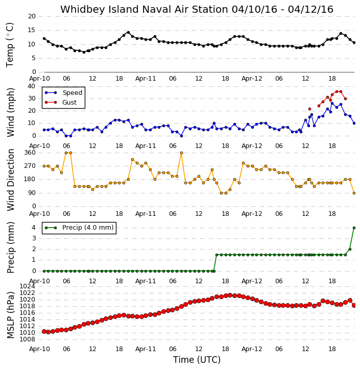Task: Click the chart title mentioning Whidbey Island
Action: tap(197, 9)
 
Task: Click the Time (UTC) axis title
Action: tap(197, 360)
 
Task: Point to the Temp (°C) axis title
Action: tap(10, 45)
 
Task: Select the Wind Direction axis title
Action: tap(10, 180)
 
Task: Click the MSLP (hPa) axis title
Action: tap(10, 315)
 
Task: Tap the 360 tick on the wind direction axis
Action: tap(30, 153)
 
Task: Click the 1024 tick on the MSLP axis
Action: tap(27, 286)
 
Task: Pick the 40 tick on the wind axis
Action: tap(32, 86)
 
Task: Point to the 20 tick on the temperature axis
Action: tap(32, 16)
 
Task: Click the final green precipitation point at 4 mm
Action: tap(354, 228)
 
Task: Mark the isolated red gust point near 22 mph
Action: tap(310, 109)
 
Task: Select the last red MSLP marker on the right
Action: tap(354, 305)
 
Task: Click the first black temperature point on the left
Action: tap(44, 38)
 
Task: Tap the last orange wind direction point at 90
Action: tap(354, 193)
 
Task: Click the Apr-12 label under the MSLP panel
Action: tap(252, 349)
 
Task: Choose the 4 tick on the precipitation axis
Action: tap(34, 228)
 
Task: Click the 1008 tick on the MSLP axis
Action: tap(27, 339)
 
